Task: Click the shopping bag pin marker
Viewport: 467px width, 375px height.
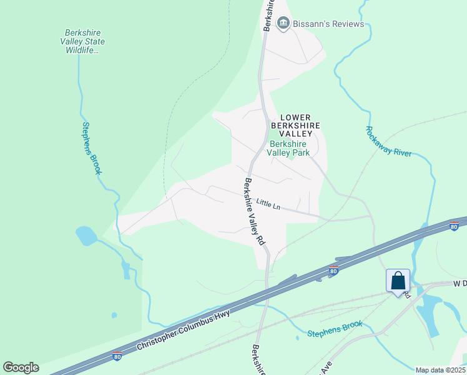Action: point(398,281)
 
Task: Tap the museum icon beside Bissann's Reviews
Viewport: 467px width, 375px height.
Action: point(284,24)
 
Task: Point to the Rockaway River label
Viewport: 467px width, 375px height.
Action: point(388,142)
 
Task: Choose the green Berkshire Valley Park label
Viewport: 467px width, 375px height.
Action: point(288,147)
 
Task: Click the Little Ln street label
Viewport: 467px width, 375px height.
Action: point(268,203)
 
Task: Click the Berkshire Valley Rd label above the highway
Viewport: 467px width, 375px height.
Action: point(254,211)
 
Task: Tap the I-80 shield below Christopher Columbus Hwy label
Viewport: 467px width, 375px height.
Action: point(117,356)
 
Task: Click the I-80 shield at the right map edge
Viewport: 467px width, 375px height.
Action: point(455,227)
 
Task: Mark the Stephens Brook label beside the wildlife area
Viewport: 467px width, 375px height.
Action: point(92,148)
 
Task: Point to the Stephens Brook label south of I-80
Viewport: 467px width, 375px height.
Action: point(335,329)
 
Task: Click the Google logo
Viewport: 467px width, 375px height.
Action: point(21,367)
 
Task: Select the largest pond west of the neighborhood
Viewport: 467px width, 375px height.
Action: point(86,236)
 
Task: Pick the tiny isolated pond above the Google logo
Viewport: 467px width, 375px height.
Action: point(114,315)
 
